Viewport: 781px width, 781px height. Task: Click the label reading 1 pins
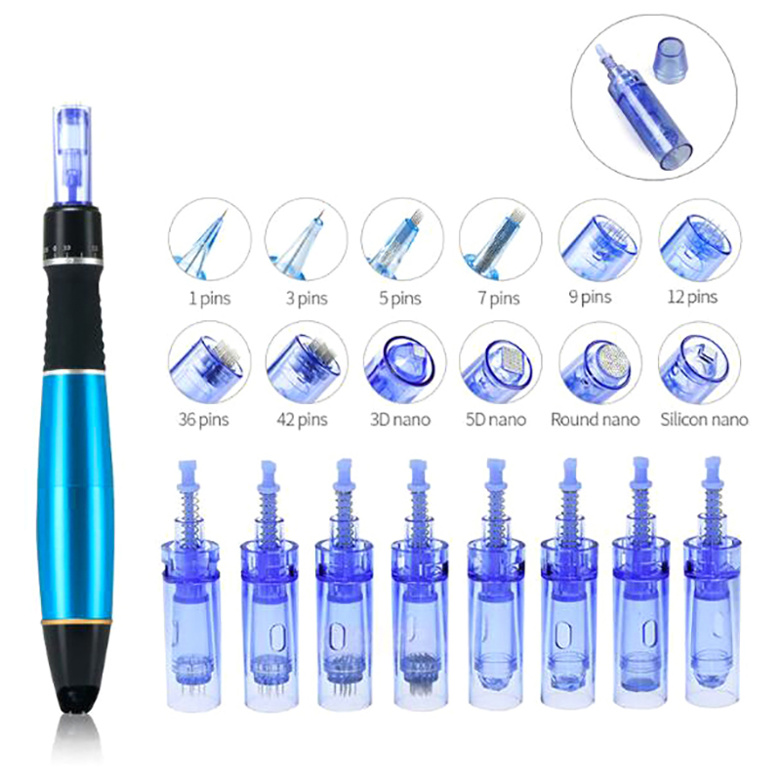point(210,299)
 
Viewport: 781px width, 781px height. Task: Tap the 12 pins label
point(692,298)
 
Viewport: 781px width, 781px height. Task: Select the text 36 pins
point(203,420)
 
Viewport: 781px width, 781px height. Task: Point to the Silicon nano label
point(704,420)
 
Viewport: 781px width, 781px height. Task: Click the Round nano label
point(596,420)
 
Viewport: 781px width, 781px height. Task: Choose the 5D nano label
point(496,420)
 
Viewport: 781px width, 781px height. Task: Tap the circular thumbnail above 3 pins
point(307,240)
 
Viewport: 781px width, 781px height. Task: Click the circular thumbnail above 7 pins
point(500,239)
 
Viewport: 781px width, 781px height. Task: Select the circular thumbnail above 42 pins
point(307,362)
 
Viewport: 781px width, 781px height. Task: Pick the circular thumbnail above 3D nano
point(404,362)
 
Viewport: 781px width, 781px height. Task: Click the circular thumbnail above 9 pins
point(599,239)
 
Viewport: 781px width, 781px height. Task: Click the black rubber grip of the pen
point(74,313)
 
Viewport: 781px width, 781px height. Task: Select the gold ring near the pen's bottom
point(74,623)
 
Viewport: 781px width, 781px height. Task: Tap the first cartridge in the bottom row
point(190,587)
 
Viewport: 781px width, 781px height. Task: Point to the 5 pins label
point(400,299)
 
